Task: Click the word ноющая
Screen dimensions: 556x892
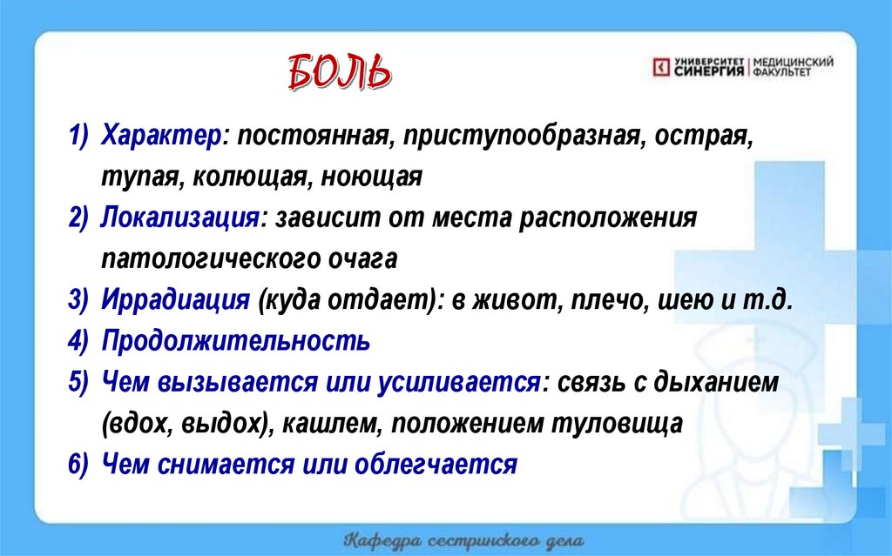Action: tap(372, 178)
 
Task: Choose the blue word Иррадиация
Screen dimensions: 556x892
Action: tap(176, 300)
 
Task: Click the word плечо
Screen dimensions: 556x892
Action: tap(597, 300)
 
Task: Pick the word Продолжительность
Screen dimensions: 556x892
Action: tap(236, 341)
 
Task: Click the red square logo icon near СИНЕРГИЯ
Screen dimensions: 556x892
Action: tap(661, 66)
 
